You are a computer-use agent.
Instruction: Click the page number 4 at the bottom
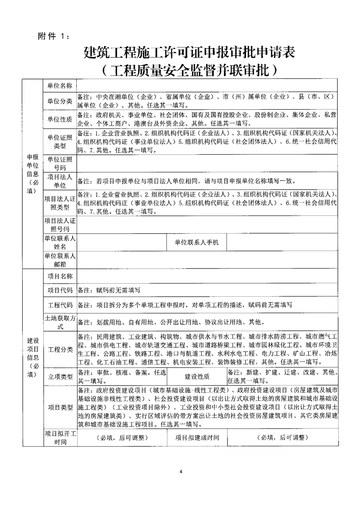(x=180, y=473)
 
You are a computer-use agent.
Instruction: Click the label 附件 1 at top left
(x=54, y=37)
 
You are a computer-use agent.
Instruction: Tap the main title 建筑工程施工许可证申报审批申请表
(x=190, y=54)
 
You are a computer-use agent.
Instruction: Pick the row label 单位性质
(x=60, y=119)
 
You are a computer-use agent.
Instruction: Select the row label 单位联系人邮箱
(x=60, y=260)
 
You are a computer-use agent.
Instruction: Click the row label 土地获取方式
(x=60, y=322)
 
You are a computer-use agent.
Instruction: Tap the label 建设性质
(x=197, y=377)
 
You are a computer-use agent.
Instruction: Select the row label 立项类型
(x=60, y=377)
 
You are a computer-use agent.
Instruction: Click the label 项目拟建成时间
(x=197, y=438)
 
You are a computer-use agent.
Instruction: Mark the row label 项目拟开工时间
(x=60, y=438)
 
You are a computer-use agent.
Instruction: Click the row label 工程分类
(x=60, y=349)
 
